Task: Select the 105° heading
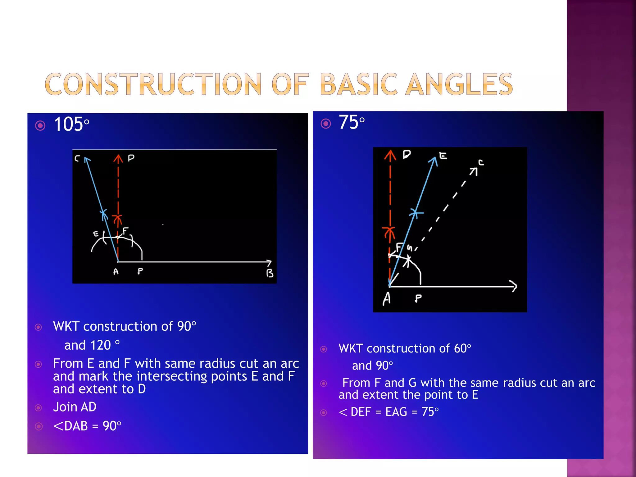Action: point(71,125)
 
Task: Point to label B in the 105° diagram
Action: point(270,273)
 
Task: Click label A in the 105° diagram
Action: point(116,272)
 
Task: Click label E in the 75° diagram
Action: point(443,156)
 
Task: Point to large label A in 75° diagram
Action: point(387,299)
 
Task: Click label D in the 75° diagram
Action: point(407,154)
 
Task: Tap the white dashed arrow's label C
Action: point(481,162)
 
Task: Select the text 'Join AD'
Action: point(75,407)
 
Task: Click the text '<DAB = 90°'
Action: point(87,426)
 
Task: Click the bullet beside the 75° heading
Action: point(325,124)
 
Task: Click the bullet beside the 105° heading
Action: point(40,125)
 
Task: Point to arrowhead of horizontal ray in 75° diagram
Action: point(514,286)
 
